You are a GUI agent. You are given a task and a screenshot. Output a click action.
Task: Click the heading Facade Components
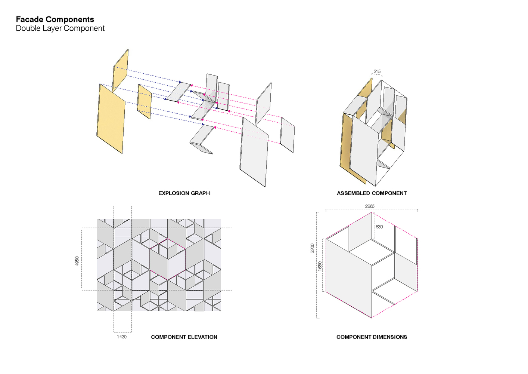tap(55, 19)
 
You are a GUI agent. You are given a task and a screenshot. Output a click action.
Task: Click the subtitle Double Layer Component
tap(60, 28)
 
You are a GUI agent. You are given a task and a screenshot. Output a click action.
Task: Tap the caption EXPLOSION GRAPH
tap(184, 193)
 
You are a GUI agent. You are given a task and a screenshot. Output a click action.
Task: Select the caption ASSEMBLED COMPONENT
tap(372, 193)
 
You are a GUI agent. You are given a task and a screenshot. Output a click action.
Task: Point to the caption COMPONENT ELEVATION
tap(184, 337)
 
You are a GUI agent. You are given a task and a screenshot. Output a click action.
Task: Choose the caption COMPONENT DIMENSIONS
tap(372, 337)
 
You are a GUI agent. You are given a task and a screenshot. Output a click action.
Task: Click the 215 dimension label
tap(377, 71)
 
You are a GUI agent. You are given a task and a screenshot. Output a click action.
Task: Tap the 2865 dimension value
tap(370, 206)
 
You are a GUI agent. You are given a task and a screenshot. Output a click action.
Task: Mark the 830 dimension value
tap(379, 227)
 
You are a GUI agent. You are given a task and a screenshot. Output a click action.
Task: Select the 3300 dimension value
tap(312, 248)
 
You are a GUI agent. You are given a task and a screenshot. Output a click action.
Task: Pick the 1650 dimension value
tap(320, 266)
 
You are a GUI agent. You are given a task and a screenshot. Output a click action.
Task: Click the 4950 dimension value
tap(77, 261)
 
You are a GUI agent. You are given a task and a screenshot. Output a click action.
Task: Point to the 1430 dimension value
tap(122, 337)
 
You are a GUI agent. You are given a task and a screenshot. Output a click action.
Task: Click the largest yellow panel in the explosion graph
tap(111, 119)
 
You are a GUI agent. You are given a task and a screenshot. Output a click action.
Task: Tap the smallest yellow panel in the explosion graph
tap(144, 101)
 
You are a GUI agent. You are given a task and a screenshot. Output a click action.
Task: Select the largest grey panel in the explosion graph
tap(254, 152)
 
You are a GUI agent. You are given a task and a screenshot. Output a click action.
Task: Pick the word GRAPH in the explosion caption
tap(201, 193)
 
